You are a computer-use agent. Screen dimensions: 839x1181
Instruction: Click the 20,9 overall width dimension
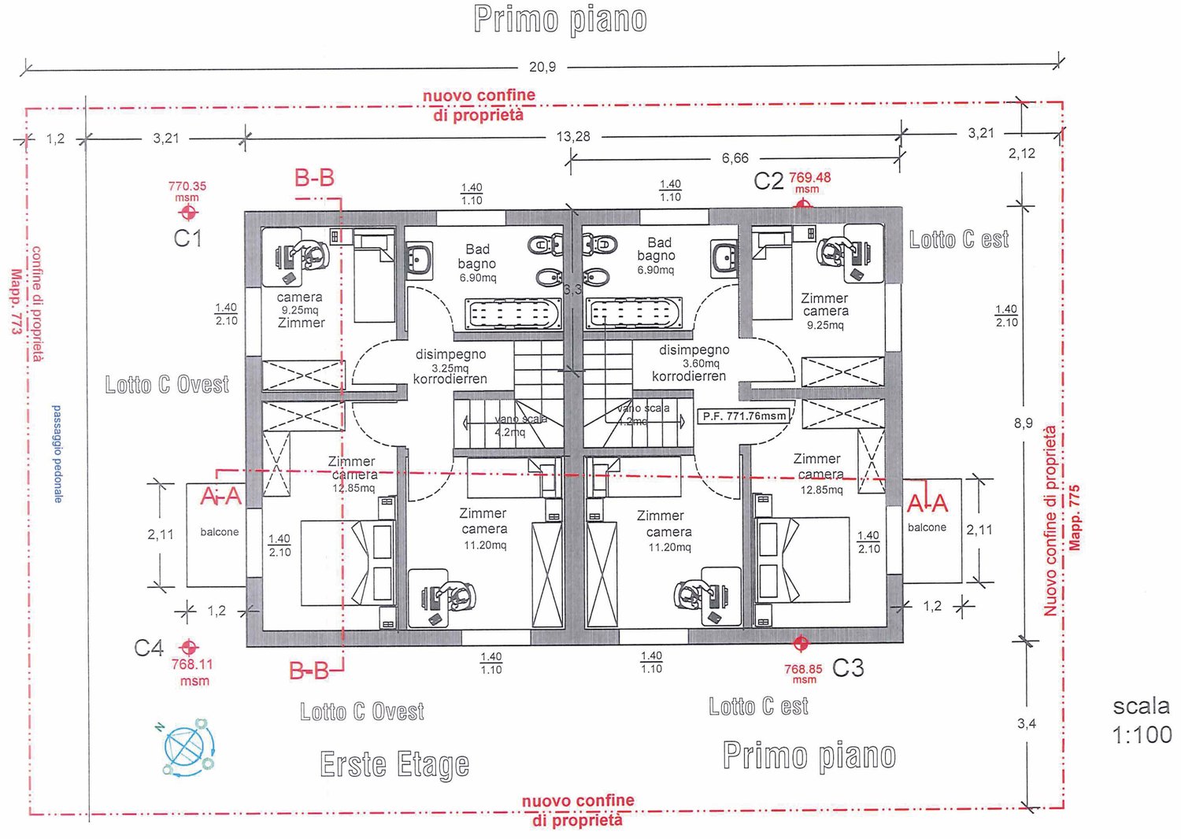[542, 67]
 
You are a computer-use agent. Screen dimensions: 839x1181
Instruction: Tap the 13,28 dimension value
[572, 136]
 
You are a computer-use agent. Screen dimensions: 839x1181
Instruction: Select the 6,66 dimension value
[735, 158]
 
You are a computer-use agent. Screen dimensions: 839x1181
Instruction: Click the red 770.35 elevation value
[187, 187]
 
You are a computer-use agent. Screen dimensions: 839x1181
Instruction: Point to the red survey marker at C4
[188, 647]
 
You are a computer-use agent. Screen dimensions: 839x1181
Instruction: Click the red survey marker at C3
[801, 644]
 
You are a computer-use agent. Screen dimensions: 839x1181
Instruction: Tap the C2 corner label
[768, 181]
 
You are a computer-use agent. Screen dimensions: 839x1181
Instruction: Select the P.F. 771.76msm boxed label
[744, 416]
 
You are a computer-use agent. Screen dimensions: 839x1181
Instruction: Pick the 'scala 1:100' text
[1142, 720]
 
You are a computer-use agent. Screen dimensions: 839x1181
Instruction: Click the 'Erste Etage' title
[394, 764]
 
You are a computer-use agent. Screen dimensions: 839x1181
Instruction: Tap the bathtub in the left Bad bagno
[513, 314]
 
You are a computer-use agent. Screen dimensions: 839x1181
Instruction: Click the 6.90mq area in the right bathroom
[656, 270]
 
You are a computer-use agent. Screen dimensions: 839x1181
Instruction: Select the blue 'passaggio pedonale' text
[57, 454]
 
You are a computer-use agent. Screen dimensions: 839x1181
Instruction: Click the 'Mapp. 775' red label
[1075, 517]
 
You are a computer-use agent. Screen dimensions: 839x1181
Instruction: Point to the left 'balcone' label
[219, 532]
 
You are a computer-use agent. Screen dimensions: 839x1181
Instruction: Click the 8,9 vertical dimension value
[1023, 423]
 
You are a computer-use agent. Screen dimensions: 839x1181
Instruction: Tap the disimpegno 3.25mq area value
[450, 368]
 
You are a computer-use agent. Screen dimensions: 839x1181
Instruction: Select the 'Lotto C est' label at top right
[958, 240]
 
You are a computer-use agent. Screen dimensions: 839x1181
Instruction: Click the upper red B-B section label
[314, 178]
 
